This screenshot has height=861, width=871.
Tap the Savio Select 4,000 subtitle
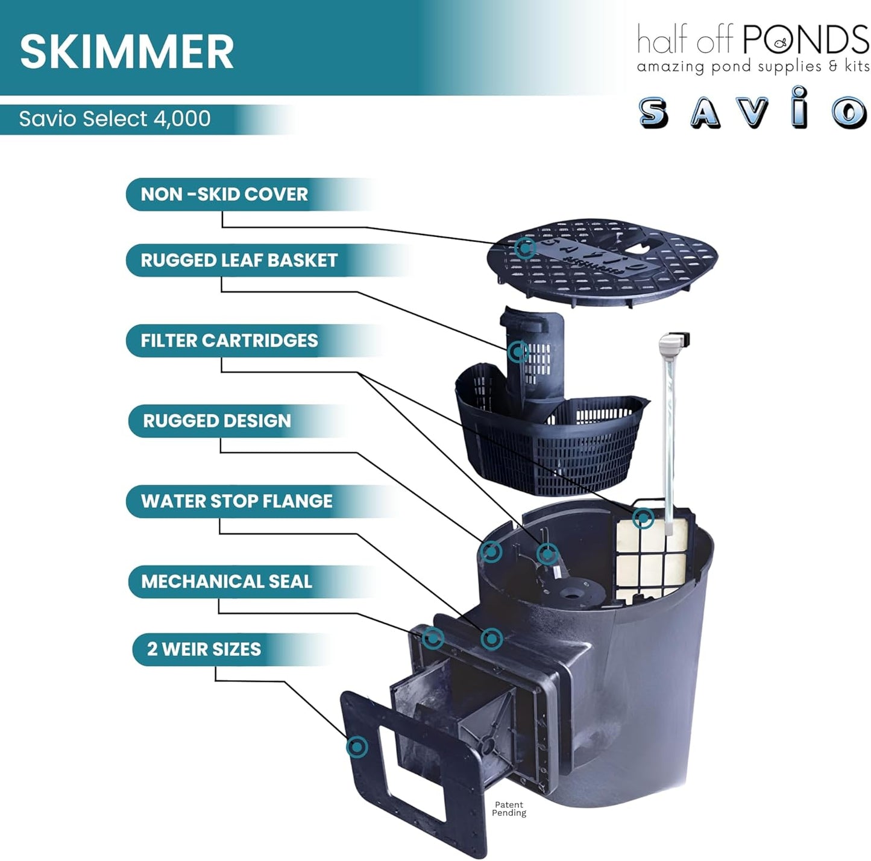click(x=115, y=118)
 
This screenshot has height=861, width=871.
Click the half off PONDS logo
click(x=752, y=48)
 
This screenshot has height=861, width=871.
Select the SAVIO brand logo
click(x=752, y=110)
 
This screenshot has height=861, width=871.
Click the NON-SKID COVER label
click(x=224, y=194)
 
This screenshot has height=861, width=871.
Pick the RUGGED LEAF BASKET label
click(x=239, y=260)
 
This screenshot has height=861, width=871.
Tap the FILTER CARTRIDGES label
click(x=229, y=341)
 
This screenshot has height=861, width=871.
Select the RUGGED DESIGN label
click(x=217, y=421)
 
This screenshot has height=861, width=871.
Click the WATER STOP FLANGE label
click(x=236, y=501)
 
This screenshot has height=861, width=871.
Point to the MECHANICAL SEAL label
click(x=227, y=581)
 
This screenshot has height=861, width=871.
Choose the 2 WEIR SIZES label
click(x=204, y=649)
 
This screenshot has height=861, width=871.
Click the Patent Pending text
click(x=509, y=809)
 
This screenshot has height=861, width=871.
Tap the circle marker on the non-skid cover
click(x=524, y=247)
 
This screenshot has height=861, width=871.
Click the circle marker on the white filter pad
click(x=643, y=518)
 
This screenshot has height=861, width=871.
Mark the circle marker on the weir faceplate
click(x=357, y=747)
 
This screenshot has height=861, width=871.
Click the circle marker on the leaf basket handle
click(x=518, y=351)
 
